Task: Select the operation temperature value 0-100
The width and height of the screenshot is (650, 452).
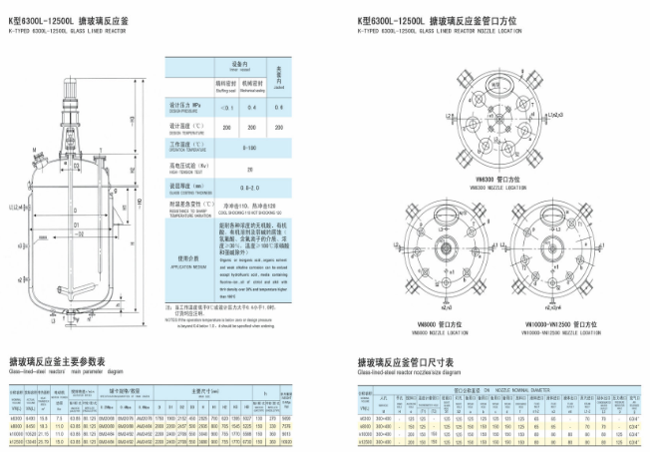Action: tap(248, 147)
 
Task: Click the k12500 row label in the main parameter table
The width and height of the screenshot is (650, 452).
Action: tap(14, 442)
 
